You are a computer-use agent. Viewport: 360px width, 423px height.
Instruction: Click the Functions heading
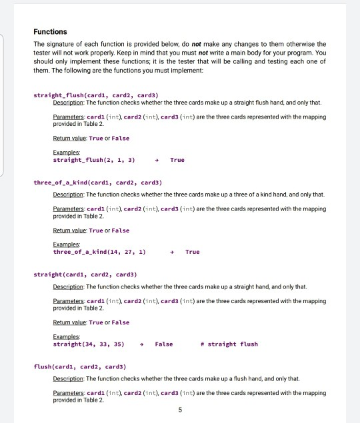[50, 31]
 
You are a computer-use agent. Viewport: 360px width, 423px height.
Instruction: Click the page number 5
[179, 410]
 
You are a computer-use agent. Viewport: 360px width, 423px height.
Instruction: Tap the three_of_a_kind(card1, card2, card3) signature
[98, 181]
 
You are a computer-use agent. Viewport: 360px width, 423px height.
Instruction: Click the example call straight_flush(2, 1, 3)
[94, 160]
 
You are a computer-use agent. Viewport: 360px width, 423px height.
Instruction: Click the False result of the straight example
[163, 344]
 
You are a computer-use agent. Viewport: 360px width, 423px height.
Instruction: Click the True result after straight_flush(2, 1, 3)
[177, 160]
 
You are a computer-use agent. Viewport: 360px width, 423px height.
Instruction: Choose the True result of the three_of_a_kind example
[192, 252]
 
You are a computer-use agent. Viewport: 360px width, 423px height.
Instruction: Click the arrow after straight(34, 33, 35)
[141, 344]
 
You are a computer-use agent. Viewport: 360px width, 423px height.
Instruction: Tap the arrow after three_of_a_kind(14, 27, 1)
[171, 252]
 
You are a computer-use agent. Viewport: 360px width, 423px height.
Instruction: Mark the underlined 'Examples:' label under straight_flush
[65, 153]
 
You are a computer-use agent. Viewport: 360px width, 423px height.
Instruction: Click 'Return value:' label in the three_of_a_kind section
[71, 230]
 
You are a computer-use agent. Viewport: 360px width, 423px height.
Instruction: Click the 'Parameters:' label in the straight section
[69, 300]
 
